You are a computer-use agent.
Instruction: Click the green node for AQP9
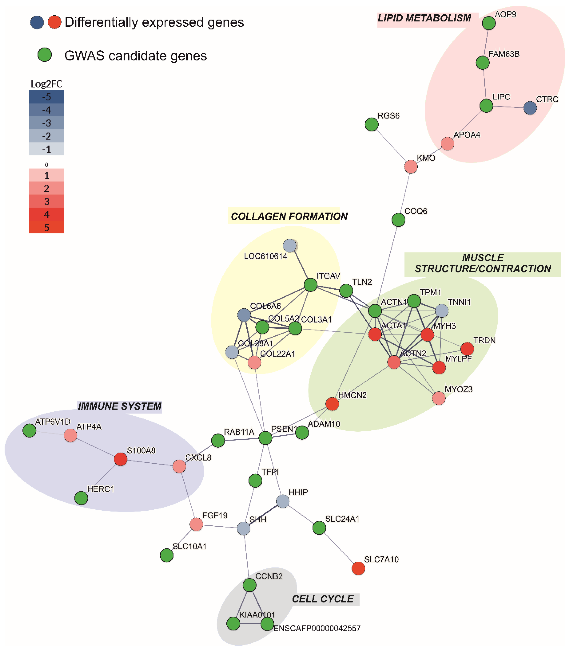pos(488,23)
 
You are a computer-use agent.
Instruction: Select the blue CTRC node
pos(530,108)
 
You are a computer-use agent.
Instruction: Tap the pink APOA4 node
pos(447,144)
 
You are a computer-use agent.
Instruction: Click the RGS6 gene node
pos(372,124)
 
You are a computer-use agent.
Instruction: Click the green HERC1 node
pos(81,498)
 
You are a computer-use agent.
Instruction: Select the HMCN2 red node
pos(332,404)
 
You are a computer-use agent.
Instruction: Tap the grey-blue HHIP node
pos(283,501)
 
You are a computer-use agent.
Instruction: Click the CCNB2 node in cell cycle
pos(249,585)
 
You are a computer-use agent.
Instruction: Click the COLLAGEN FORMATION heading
pos(289,216)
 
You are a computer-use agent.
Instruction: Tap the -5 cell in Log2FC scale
pos(46,97)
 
